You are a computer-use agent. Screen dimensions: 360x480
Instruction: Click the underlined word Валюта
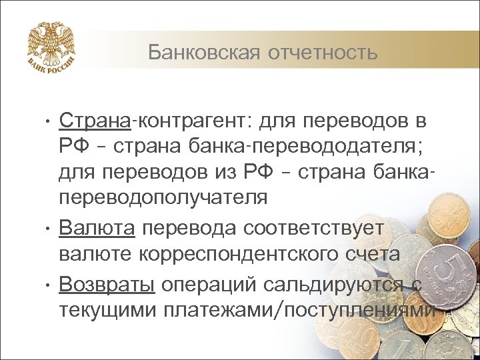(x=97, y=228)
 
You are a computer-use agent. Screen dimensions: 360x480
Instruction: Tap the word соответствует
(x=313, y=228)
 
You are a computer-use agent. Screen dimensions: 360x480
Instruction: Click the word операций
(x=207, y=285)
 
